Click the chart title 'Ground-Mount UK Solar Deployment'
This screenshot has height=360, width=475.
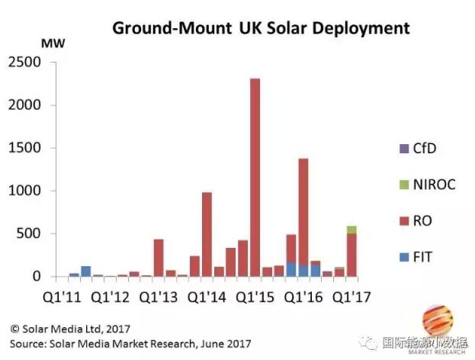262,28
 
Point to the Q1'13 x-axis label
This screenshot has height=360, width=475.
157,294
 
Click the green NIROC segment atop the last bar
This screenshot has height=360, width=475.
351,230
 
